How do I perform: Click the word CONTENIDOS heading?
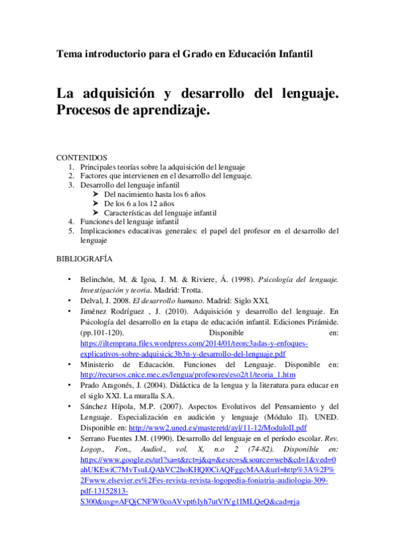81,158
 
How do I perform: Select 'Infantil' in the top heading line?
291,52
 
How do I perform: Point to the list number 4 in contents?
71,223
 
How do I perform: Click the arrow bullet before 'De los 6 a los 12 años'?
96,204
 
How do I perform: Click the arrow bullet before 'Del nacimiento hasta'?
96,195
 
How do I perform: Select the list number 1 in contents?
71,168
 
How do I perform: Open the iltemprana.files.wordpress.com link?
194,344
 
